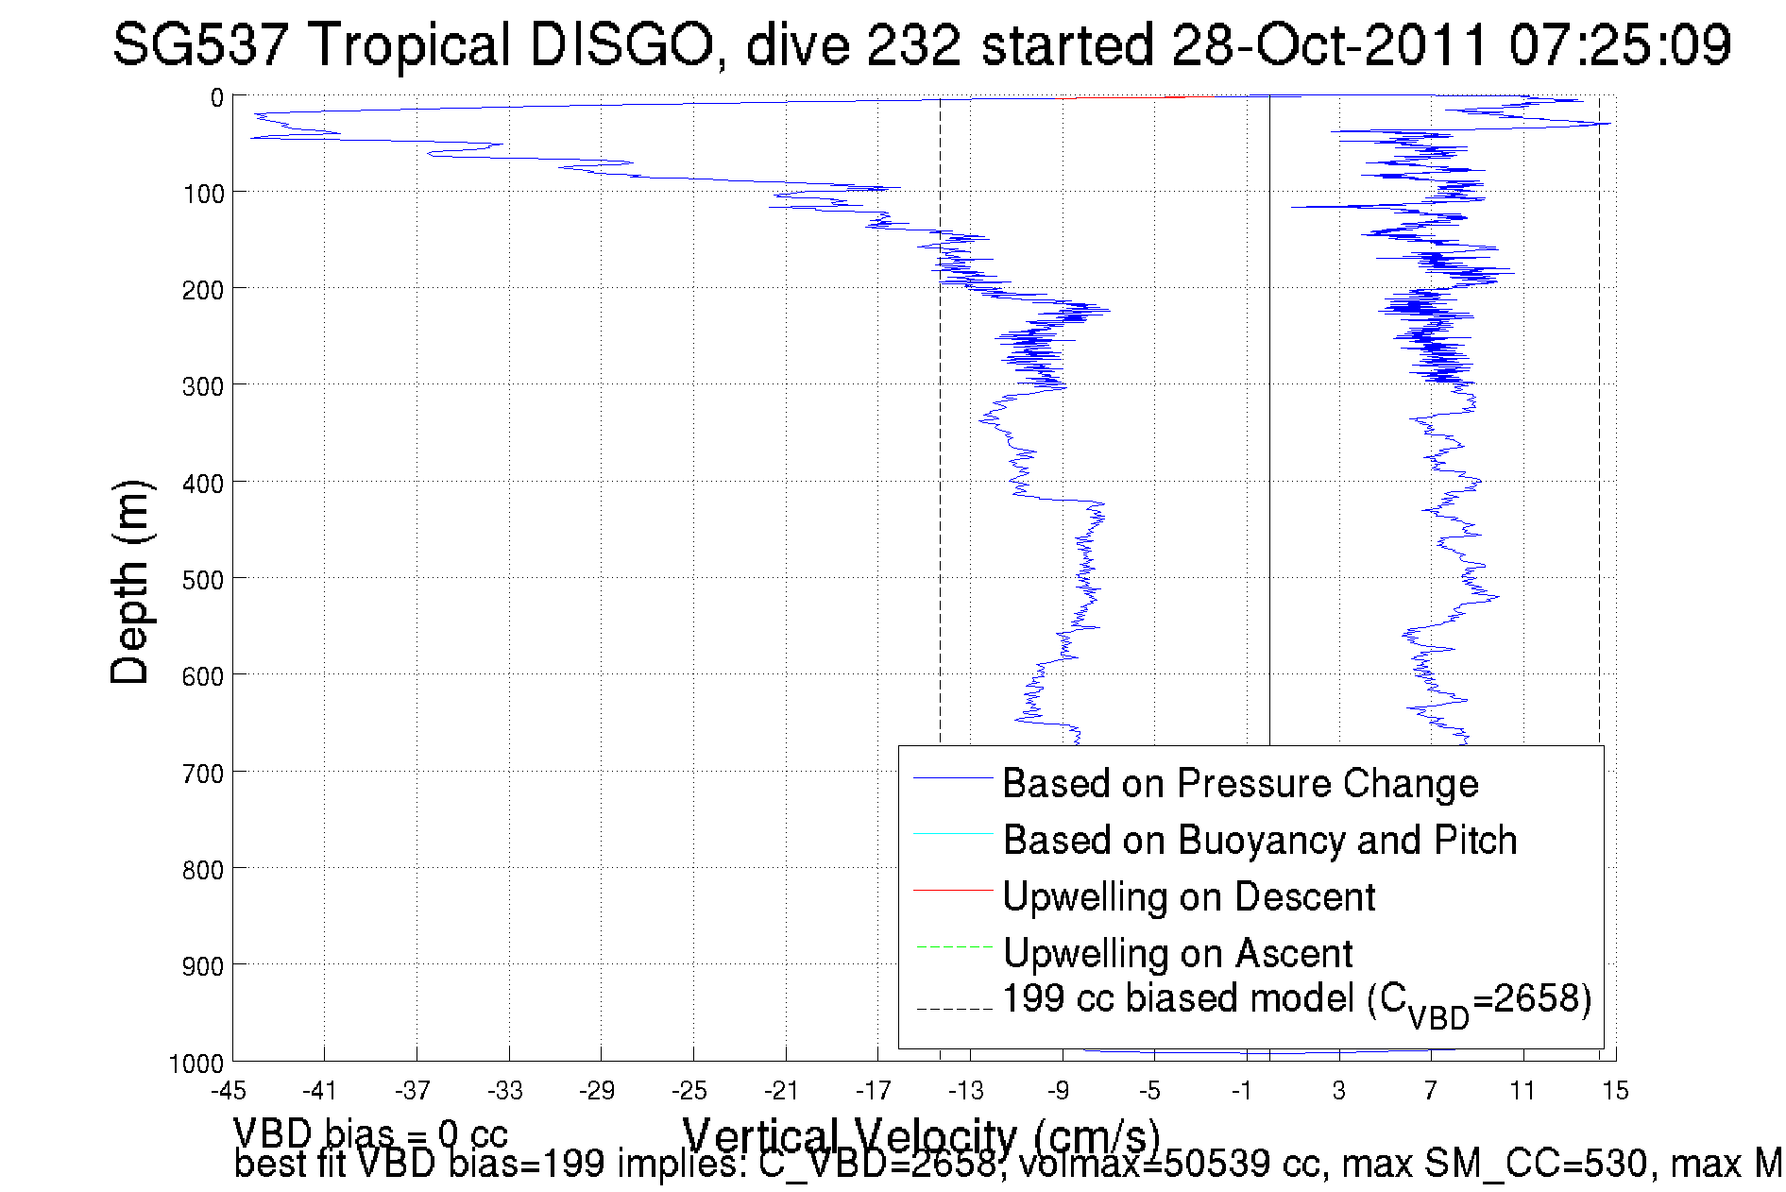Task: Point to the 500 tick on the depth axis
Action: point(203,579)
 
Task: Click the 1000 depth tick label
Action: point(196,1064)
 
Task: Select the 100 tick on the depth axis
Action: point(203,194)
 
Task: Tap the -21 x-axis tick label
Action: point(782,1091)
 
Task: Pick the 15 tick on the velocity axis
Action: point(1615,1091)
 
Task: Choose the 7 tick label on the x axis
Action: point(1431,1091)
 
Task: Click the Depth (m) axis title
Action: point(130,582)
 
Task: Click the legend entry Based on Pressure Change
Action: point(1240,784)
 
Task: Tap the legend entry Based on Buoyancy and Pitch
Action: point(1259,841)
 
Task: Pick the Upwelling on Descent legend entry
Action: point(1188,897)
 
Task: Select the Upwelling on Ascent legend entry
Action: point(1177,954)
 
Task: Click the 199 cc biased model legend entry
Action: point(1296,1001)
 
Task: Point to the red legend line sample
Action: point(953,890)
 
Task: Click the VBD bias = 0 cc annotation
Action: point(370,1132)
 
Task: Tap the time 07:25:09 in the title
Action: point(1619,44)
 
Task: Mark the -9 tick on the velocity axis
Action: point(1059,1091)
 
